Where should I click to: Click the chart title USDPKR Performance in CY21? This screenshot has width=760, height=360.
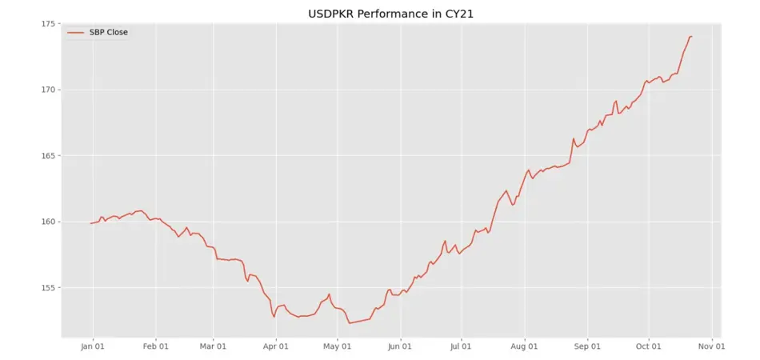pos(380,14)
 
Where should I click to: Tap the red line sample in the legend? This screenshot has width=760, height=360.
pos(76,33)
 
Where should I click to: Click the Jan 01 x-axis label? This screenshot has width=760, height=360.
pos(93,346)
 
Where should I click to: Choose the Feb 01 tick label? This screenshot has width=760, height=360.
pos(155,346)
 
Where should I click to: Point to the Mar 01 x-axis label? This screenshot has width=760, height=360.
pos(213,346)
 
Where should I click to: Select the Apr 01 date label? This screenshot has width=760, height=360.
pos(275,346)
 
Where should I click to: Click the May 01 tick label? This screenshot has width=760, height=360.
pos(337,346)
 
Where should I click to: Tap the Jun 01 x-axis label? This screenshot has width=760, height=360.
pos(399,346)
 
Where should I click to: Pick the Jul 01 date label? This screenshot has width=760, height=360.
pos(461,346)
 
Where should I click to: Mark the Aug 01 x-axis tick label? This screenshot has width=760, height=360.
pos(524,346)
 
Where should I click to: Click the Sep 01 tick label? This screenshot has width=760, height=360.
pos(586,346)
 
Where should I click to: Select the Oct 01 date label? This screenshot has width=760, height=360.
pos(648,346)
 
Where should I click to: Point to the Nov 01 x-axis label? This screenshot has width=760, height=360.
pos(710,346)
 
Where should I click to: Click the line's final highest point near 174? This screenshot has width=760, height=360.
pos(691,37)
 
